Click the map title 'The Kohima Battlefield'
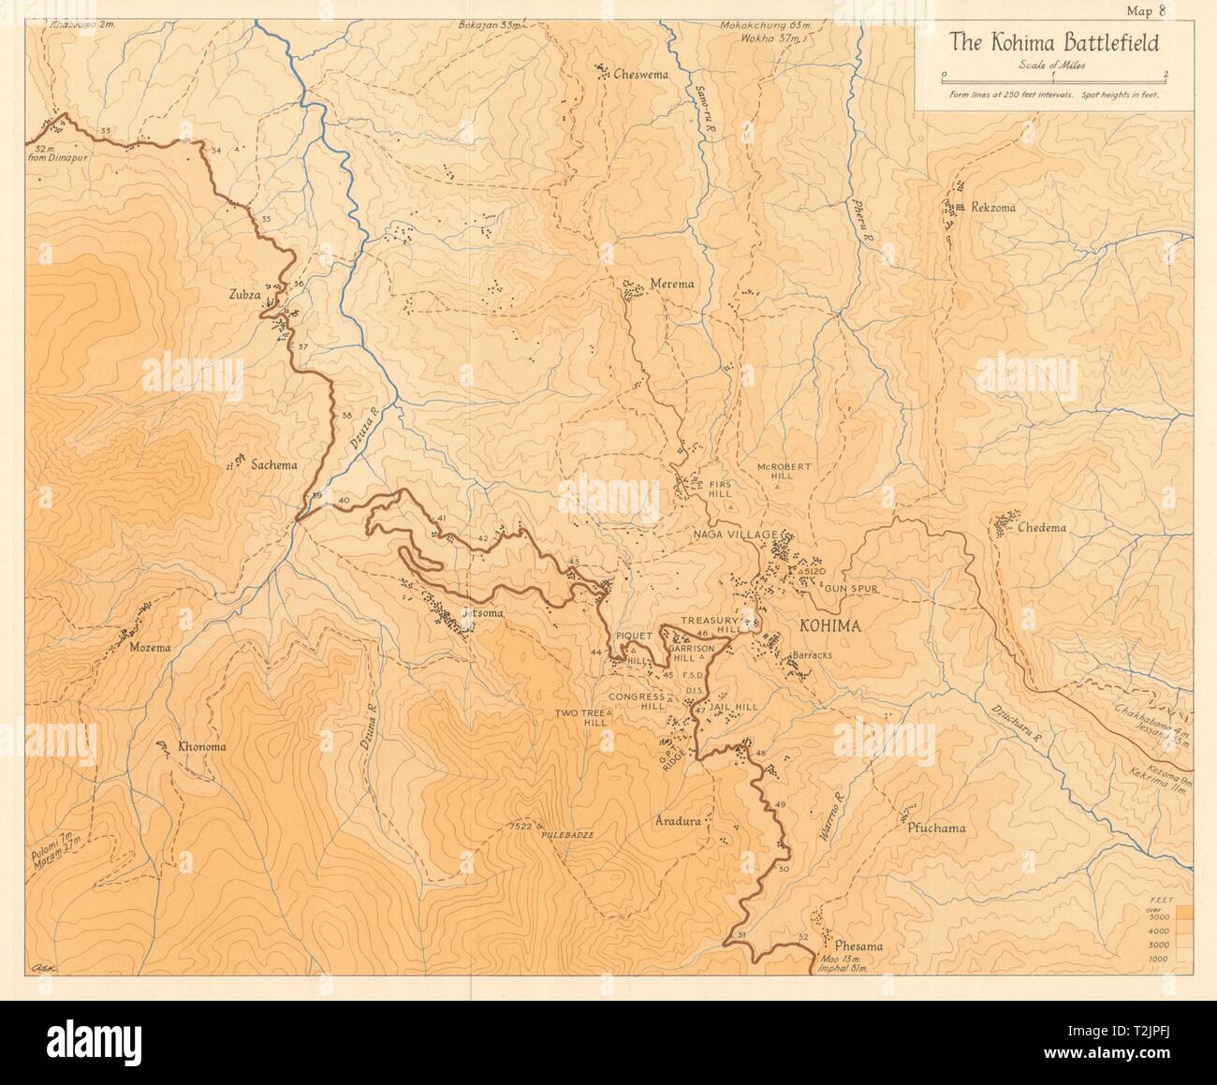[1053, 42]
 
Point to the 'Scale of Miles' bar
[1054, 74]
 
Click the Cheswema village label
[640, 75]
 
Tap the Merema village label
[669, 285]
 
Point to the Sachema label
[271, 464]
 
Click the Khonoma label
[201, 747]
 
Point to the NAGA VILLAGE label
[734, 535]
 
